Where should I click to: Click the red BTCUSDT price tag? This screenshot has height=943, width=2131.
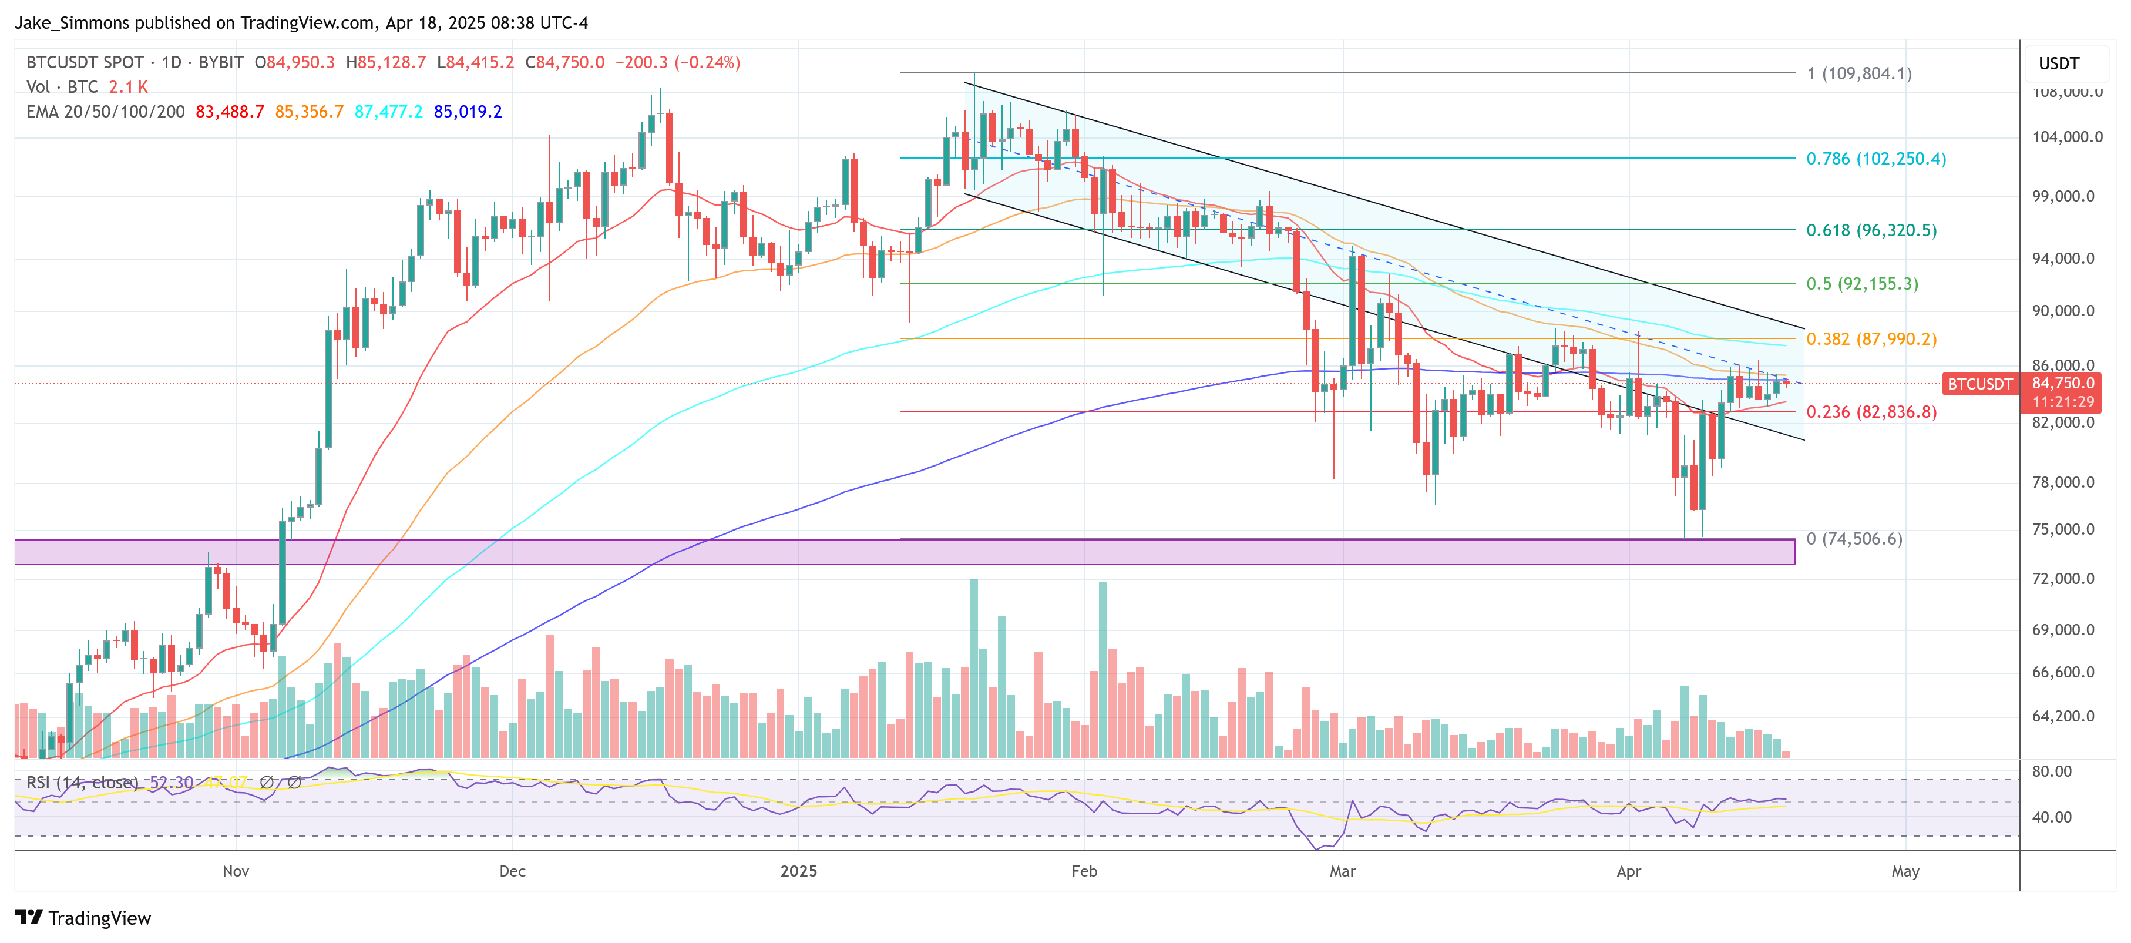coord(1979,384)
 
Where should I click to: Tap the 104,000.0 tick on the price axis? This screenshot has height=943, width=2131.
coord(2066,136)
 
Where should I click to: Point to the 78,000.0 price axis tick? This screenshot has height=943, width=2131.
coord(2066,482)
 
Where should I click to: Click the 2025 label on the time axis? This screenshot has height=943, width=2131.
coord(798,871)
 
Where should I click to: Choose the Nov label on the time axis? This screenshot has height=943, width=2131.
coord(236,871)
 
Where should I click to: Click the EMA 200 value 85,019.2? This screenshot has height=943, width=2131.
coord(468,112)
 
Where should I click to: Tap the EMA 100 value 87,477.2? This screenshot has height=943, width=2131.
coord(388,112)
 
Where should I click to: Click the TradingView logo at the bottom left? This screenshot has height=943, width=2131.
coord(83,918)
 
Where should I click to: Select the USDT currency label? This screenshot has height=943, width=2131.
coord(2058,63)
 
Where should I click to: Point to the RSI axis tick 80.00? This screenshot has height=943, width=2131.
coord(2052,771)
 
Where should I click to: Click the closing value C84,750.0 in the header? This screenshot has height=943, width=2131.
coord(565,62)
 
